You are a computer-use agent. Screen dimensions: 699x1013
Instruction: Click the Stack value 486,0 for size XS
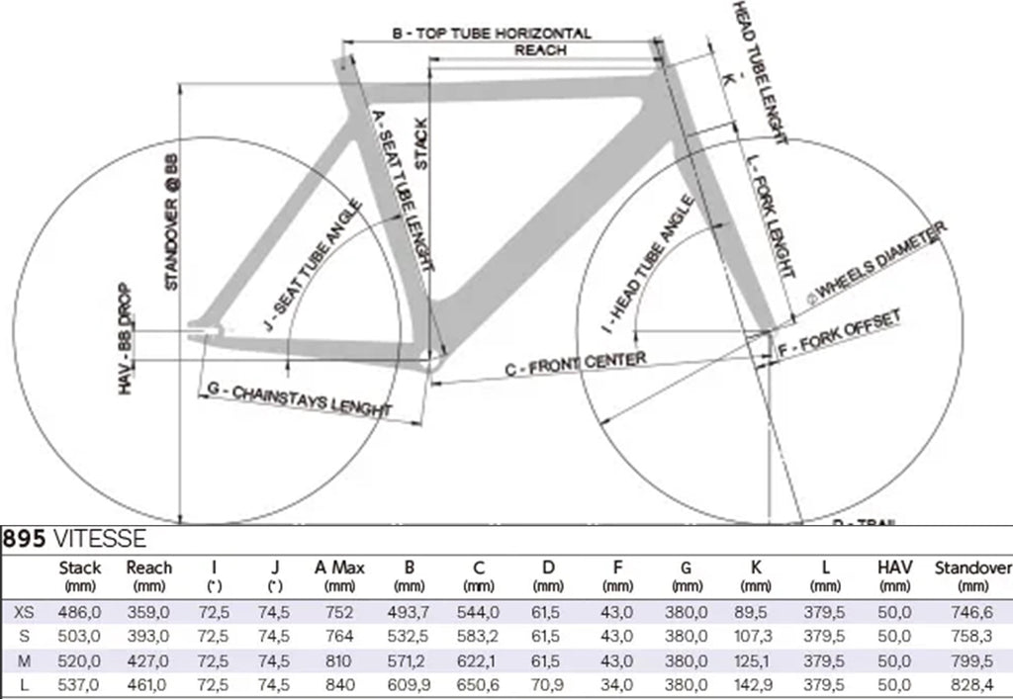[x=80, y=612]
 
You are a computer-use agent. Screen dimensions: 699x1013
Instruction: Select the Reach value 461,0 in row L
[x=149, y=683]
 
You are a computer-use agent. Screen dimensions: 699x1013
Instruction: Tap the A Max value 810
[x=339, y=659]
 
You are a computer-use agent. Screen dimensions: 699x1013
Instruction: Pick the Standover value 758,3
[x=973, y=636]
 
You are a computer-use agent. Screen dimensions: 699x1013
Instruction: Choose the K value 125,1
[x=750, y=659]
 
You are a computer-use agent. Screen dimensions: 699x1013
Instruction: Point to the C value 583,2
[x=477, y=636]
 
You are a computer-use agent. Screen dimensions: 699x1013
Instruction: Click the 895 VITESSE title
[x=74, y=539]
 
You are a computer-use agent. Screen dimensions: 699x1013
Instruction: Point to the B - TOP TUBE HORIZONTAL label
[x=492, y=34]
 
